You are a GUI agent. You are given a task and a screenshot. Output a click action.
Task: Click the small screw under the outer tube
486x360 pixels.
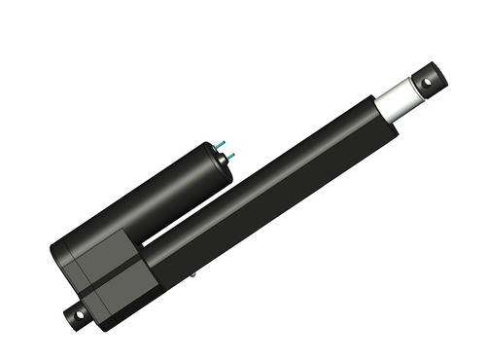(x=192, y=276)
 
